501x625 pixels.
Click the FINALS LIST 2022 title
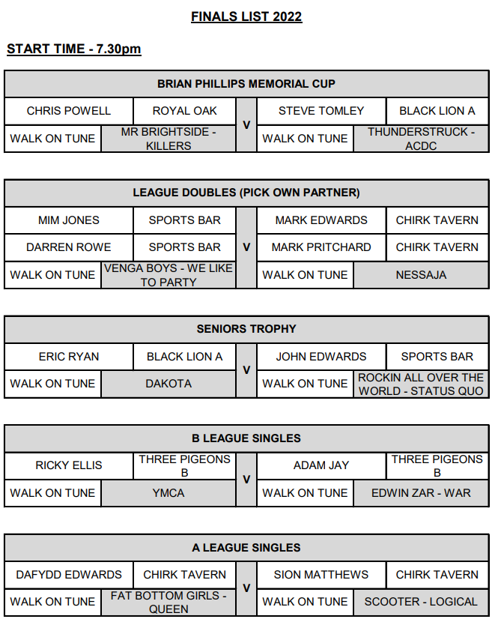246,16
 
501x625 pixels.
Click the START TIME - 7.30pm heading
74,49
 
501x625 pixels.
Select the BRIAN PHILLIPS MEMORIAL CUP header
246,83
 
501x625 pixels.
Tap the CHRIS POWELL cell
69,111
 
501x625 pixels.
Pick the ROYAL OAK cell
184,111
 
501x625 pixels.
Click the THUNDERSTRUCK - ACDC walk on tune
421,139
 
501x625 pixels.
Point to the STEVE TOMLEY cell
321,111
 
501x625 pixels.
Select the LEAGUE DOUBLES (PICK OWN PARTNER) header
246,193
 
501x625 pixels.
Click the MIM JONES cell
69,220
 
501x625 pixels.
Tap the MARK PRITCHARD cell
321,247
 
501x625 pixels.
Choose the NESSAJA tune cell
421,275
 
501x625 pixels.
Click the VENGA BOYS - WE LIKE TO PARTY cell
168,275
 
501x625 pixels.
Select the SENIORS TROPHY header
246,329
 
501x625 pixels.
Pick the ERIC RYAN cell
69,357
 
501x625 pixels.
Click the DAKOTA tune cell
168,384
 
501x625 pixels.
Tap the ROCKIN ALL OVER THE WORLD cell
421,384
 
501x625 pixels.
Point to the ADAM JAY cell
321,465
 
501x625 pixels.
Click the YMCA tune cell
168,493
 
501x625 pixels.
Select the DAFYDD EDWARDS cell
69,575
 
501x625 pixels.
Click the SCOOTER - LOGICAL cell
421,602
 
